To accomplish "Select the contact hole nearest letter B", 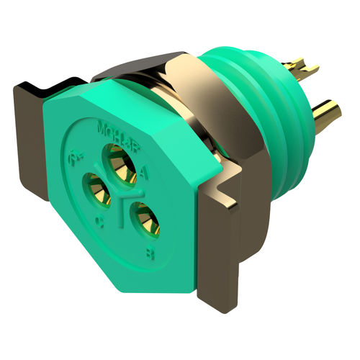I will [x=145, y=219].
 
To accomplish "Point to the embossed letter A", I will [x=146, y=173].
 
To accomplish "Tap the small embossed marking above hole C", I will [x=74, y=156].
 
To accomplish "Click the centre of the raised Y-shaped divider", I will [x=124, y=196].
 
